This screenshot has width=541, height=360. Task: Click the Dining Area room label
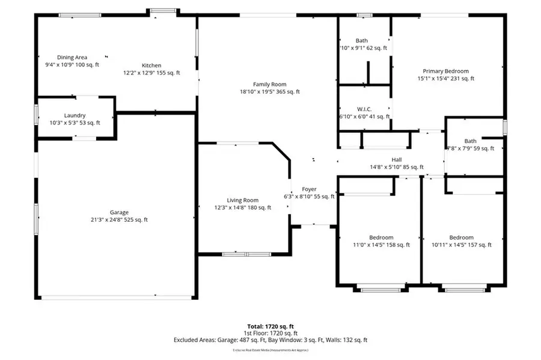click(72, 58)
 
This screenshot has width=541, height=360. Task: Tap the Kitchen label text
click(151, 66)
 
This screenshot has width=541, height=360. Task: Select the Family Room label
click(269, 84)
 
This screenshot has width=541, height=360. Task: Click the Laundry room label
click(75, 115)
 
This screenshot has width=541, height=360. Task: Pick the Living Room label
click(242, 200)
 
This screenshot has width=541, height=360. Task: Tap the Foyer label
click(308, 189)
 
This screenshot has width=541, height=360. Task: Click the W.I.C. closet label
click(364, 109)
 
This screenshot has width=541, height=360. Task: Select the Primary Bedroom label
click(445, 71)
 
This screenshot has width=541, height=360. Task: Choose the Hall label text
click(397, 160)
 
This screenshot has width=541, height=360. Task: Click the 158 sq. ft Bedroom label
click(381, 237)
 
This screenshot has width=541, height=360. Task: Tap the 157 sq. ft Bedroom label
click(461, 237)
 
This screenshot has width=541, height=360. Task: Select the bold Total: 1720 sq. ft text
click(270, 326)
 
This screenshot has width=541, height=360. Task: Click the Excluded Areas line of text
click(270, 340)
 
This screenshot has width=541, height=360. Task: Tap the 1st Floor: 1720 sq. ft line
click(270, 333)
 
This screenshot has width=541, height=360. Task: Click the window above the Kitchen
click(164, 10)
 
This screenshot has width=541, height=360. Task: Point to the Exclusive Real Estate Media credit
click(270, 350)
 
